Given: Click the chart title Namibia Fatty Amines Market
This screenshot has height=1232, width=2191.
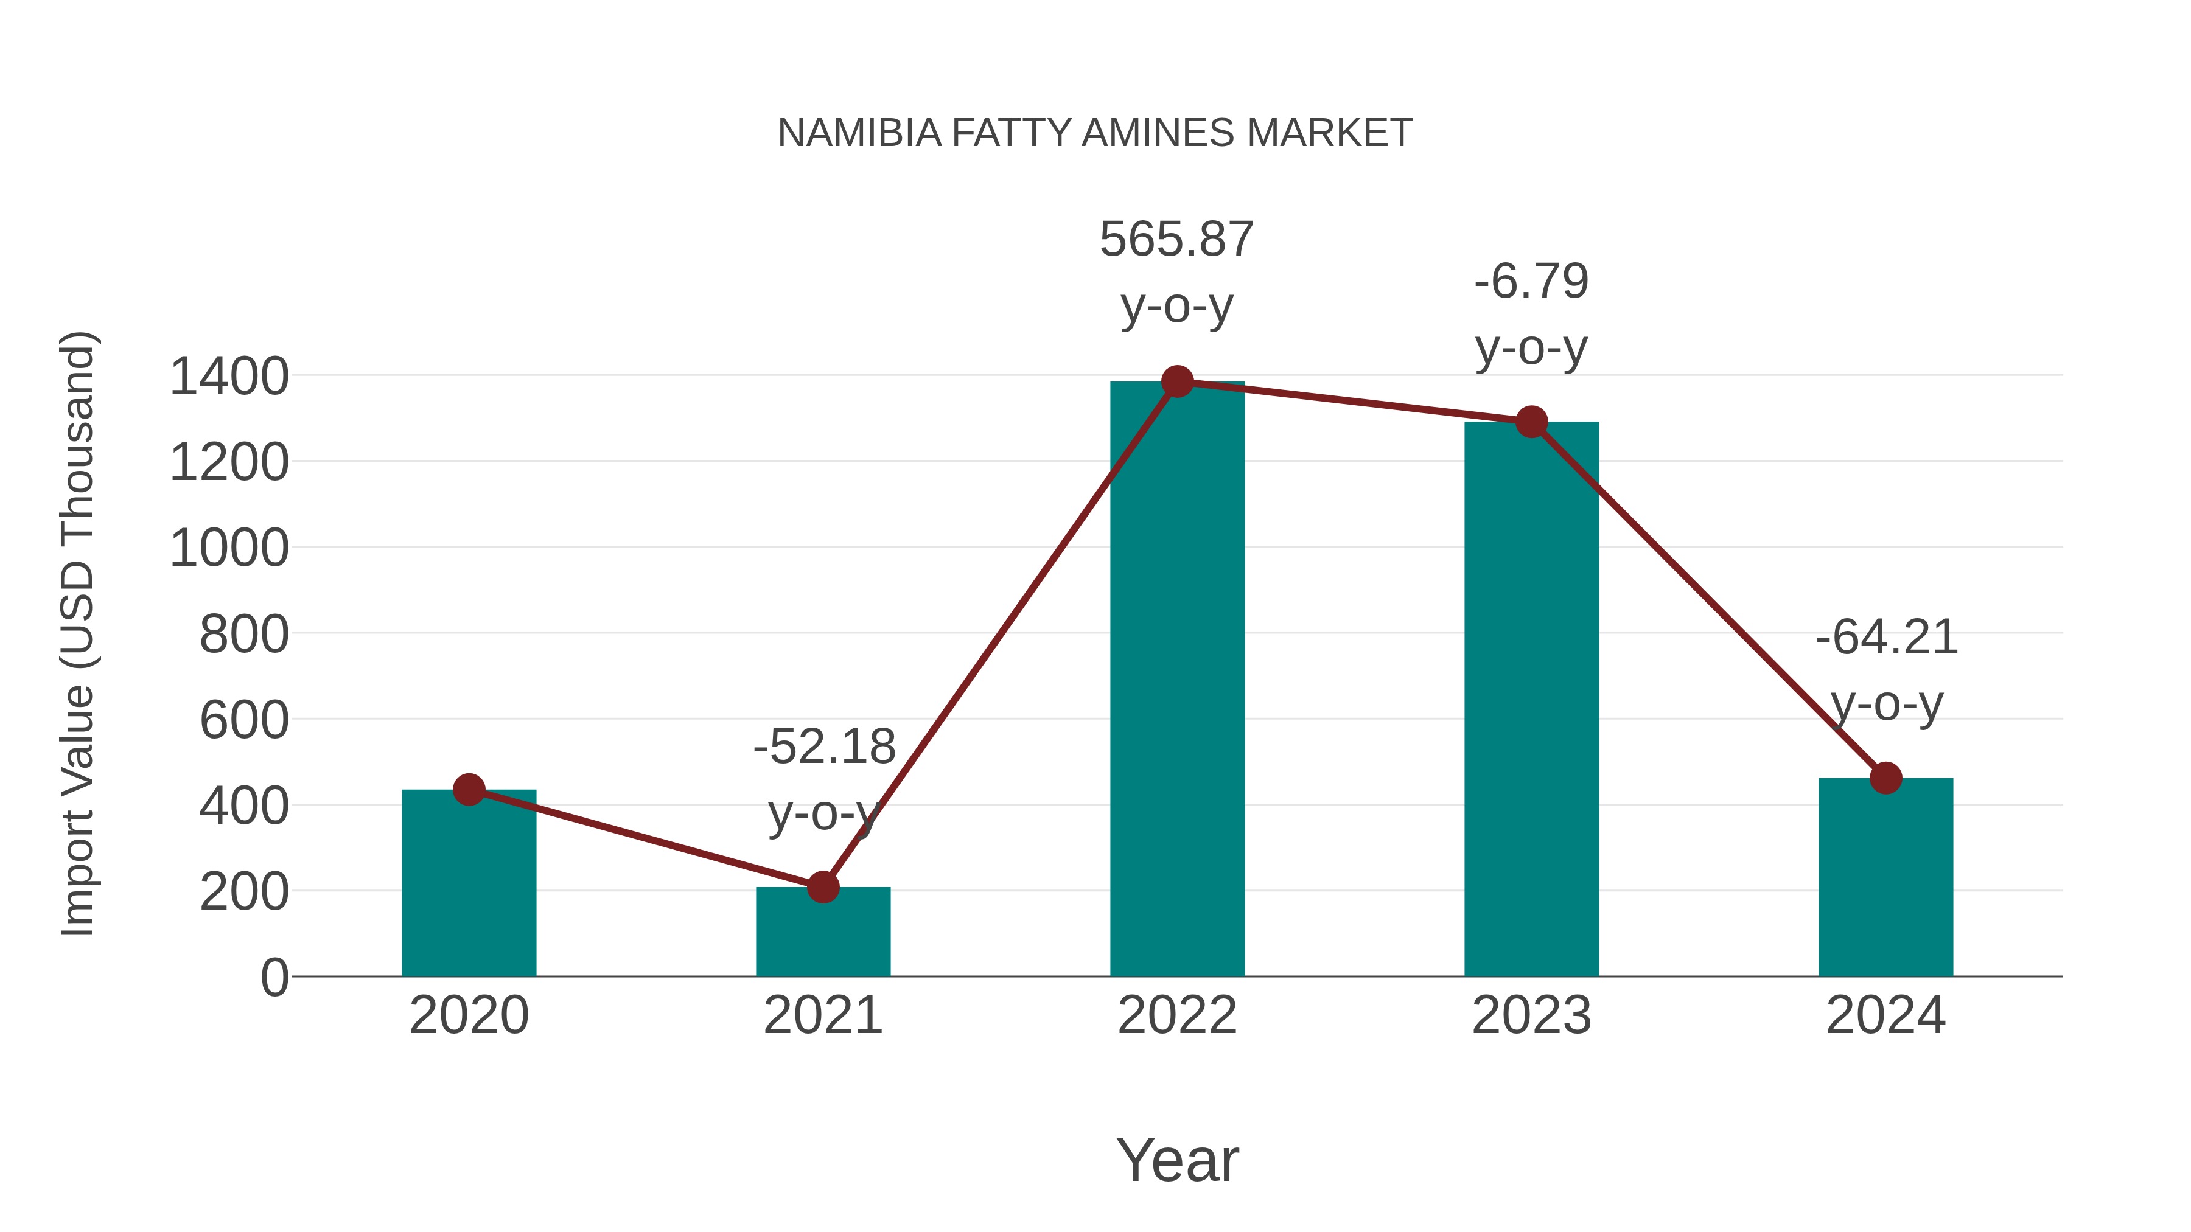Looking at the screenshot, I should pyautogui.click(x=1095, y=133).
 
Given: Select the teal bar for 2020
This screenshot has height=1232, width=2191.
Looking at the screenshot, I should pyautogui.click(x=469, y=888).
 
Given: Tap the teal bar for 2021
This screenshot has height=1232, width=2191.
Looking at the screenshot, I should pyautogui.click(x=822, y=935).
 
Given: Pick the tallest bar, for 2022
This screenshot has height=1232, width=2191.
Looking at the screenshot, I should pyautogui.click(x=1177, y=680).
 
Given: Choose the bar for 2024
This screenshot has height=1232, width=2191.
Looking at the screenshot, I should pyautogui.click(x=1885, y=880).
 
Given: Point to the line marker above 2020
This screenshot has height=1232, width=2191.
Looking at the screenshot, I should pyautogui.click(x=469, y=790).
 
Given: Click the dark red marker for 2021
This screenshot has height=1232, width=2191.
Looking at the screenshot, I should pyautogui.click(x=822, y=887).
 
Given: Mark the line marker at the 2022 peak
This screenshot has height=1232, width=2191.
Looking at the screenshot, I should pyautogui.click(x=1177, y=381).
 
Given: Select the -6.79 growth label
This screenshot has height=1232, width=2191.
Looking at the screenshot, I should pyautogui.click(x=1531, y=282).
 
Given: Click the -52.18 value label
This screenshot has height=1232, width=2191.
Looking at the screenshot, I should pyautogui.click(x=824, y=747).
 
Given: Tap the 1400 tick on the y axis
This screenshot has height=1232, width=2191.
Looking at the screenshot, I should pyautogui.click(x=229, y=377).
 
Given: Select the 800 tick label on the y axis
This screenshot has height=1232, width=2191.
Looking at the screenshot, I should pyautogui.click(x=243, y=635).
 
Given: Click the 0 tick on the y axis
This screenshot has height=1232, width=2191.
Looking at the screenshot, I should pyautogui.click(x=274, y=978).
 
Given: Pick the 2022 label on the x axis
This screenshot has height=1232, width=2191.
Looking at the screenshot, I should pyautogui.click(x=1177, y=1015).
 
